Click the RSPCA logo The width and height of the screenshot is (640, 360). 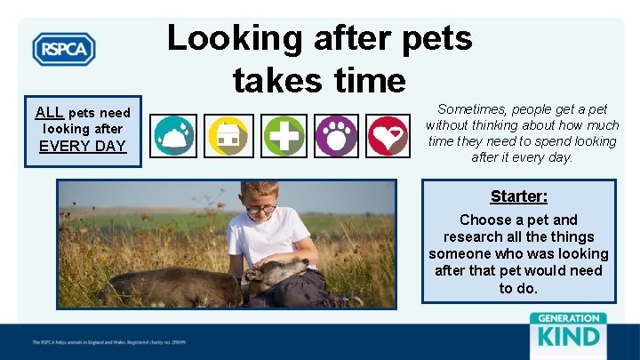[x=64, y=49]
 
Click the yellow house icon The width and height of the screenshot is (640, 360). [x=228, y=136]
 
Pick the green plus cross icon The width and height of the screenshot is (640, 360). [x=283, y=136]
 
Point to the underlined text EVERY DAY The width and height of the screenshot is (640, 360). [x=83, y=147]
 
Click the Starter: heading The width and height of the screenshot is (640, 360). [x=518, y=196]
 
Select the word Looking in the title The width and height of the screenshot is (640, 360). [x=222, y=38]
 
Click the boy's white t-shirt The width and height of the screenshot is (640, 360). [x=267, y=238]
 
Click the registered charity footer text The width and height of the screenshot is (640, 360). [x=108, y=341]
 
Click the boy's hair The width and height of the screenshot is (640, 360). [x=256, y=190]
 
